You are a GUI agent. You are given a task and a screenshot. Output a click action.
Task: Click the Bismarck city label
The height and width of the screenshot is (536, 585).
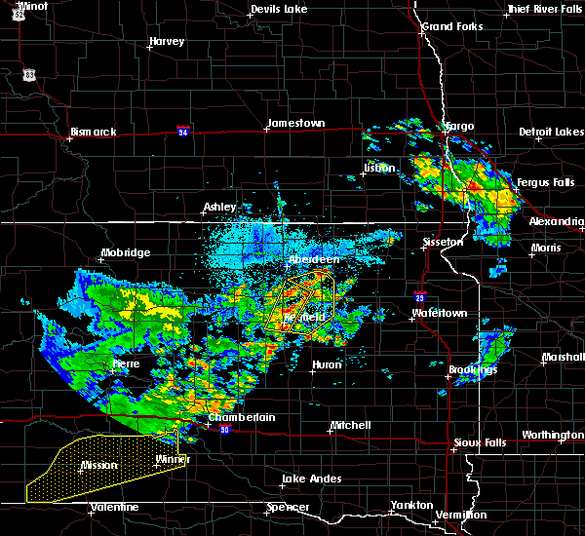pyautogui.click(x=94, y=132)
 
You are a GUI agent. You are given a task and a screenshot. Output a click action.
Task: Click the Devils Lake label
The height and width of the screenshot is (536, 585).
pyautogui.click(x=279, y=9)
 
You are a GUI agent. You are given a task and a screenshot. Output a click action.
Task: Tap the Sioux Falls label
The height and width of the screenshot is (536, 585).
pyautogui.click(x=478, y=442)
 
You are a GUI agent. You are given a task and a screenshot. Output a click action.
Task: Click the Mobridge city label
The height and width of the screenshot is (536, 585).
pyautogui.click(x=126, y=253)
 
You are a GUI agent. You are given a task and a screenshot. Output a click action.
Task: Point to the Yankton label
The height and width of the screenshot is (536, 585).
pyautogui.click(x=411, y=505)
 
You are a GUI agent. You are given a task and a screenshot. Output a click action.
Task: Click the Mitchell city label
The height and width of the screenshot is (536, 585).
pyautogui.click(x=350, y=425)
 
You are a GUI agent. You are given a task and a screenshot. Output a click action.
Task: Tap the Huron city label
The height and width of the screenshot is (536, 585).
pyautogui.click(x=326, y=365)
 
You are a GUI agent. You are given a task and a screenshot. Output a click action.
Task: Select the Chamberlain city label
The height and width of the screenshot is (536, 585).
pyautogui.click(x=242, y=417)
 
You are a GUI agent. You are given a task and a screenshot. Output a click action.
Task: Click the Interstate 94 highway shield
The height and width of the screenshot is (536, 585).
pyautogui.click(x=183, y=130)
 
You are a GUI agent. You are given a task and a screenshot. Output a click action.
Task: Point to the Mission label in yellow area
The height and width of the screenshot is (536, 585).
pyautogui.click(x=99, y=465)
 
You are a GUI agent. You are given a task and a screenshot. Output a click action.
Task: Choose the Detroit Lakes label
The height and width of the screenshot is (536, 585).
pyautogui.click(x=552, y=132)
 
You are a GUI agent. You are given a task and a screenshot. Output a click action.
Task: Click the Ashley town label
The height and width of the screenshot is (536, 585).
pyautogui.click(x=220, y=207)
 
